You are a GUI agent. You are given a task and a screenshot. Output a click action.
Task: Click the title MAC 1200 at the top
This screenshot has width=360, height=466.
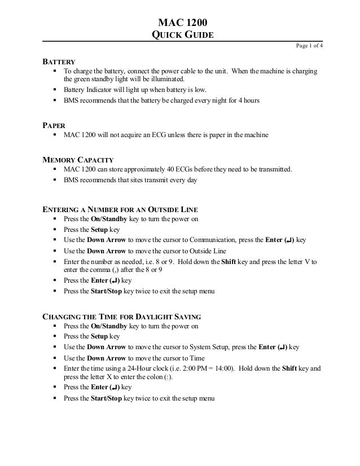click(180, 23)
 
